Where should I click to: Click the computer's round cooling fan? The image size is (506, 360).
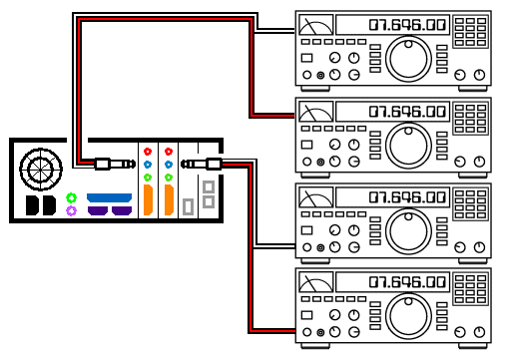coord(41,170)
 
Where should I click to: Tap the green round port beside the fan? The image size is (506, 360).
coord(71,198)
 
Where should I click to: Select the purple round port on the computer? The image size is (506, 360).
coord(71,210)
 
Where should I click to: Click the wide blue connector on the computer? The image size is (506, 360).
coord(109,197)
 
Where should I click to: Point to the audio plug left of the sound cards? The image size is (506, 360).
coord(115,164)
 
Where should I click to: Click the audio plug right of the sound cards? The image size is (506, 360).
coord(202,164)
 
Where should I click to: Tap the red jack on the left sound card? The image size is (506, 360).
coord(148,152)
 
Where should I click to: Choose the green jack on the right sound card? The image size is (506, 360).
coord(169,178)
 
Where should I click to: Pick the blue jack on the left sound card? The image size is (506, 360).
coord(148,165)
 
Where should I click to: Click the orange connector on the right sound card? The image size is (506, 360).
coord(169,200)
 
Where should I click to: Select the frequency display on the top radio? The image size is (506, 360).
coord(392,25)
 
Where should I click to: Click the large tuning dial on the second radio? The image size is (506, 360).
coord(408,145)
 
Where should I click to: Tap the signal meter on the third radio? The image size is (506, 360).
coord(315,197)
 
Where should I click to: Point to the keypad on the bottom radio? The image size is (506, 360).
coord(470,288)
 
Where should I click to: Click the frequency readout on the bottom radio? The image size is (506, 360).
coord(392,282)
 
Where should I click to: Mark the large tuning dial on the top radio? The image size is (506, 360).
coord(408,59)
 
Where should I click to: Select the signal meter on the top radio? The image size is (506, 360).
coord(315,25)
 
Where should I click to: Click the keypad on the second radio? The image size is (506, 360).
coord(470,119)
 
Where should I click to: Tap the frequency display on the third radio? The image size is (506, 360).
coord(392,197)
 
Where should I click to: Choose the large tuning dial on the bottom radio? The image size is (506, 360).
coord(408,316)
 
